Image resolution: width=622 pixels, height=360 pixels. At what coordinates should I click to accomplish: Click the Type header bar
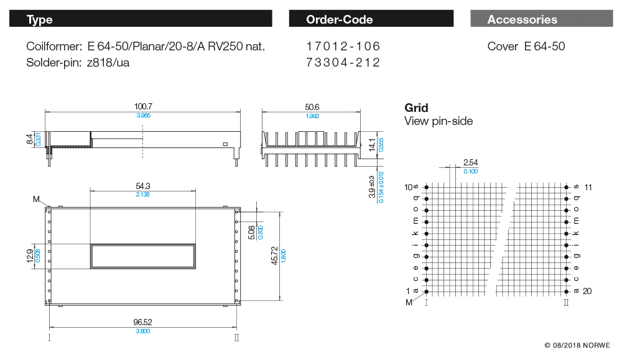[x=141, y=19]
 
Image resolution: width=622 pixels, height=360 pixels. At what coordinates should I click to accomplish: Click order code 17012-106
[x=343, y=47]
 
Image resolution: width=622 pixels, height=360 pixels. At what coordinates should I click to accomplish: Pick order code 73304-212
[x=343, y=62]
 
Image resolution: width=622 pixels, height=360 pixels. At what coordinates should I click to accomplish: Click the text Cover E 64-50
[x=526, y=47]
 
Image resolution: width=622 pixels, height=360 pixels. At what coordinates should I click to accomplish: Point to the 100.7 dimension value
[x=143, y=107]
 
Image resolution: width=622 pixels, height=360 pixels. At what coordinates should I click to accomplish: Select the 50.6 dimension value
[x=312, y=107]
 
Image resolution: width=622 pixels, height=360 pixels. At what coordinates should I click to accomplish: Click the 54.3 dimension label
[x=143, y=186]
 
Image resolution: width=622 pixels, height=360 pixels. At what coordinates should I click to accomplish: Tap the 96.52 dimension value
[x=143, y=322]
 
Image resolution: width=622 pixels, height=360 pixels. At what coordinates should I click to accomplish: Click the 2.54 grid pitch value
[x=470, y=163]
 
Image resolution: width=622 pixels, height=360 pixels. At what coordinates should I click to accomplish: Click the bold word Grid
[x=416, y=108]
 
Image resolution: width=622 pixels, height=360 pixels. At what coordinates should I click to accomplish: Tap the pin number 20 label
[x=588, y=292]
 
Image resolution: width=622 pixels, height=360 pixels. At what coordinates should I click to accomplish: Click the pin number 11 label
[x=588, y=187]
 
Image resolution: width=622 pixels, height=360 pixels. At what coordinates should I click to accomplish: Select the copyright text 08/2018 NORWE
[x=577, y=345]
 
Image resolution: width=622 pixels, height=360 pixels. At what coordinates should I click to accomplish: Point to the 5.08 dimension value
[x=250, y=233]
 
